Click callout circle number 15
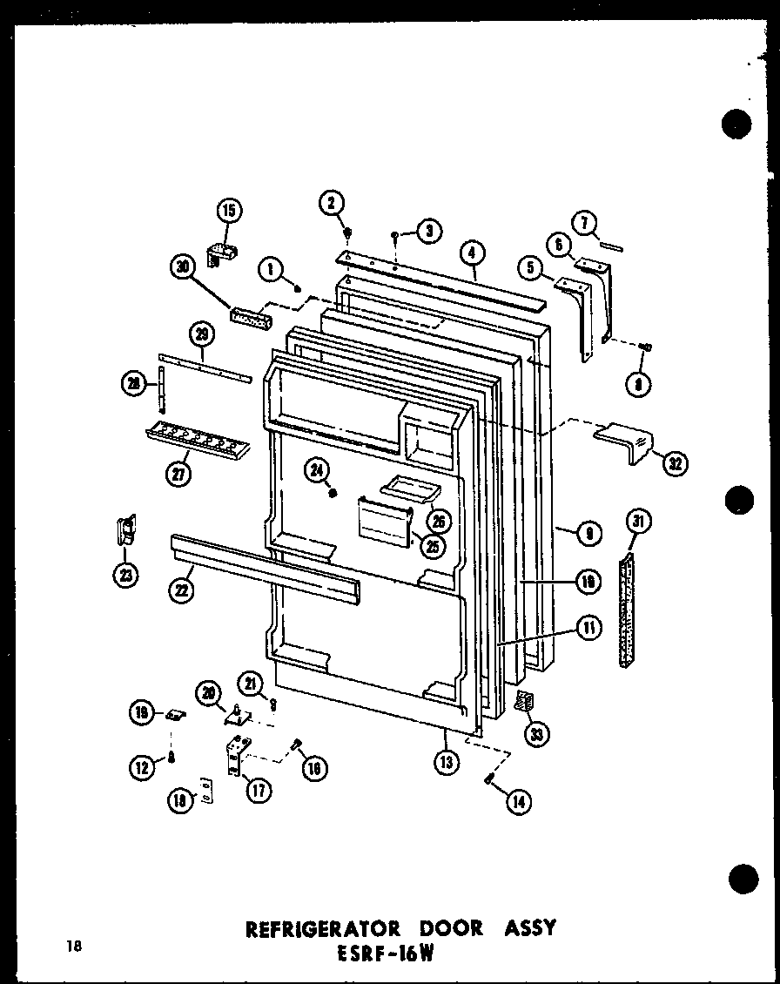[230, 211]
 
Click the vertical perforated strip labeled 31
[626, 613]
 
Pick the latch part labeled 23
[127, 531]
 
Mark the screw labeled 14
[490, 777]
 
